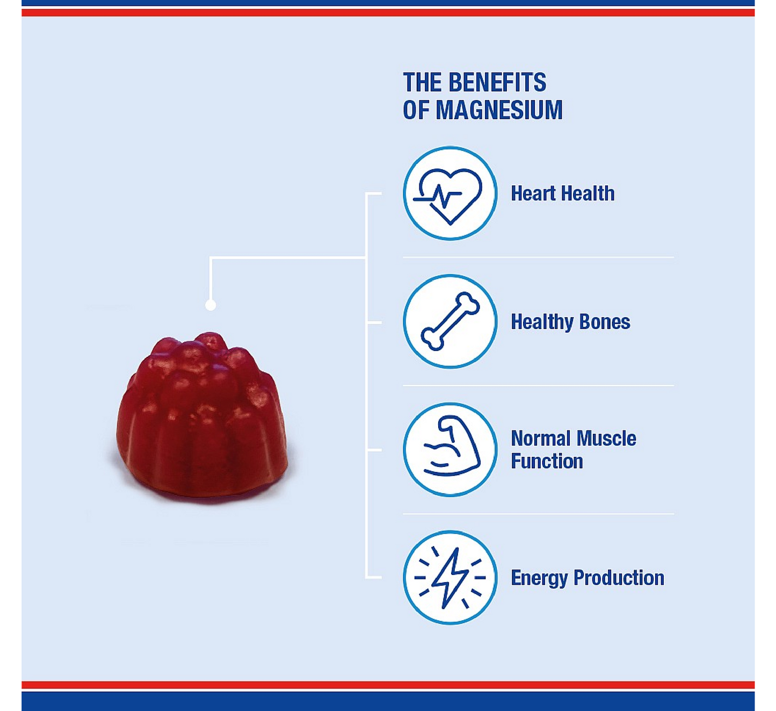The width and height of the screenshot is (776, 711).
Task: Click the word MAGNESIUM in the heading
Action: pyautogui.click(x=499, y=110)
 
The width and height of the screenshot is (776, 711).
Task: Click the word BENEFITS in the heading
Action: pyautogui.click(x=497, y=82)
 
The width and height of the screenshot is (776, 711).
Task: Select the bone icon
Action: pyautogui.click(x=450, y=321)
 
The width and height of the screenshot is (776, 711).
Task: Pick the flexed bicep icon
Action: pyautogui.click(x=452, y=446)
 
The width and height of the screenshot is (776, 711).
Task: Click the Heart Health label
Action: pyautogui.click(x=562, y=193)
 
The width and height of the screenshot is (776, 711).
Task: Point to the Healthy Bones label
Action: pyautogui.click(x=570, y=322)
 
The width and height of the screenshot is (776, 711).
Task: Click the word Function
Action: pyautogui.click(x=547, y=461)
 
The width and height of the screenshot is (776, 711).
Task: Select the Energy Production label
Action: pyautogui.click(x=588, y=578)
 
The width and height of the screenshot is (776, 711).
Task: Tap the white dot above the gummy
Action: pyautogui.click(x=211, y=305)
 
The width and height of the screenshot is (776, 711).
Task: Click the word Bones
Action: pyautogui.click(x=605, y=322)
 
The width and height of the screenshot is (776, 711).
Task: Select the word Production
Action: pyautogui.click(x=619, y=578)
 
